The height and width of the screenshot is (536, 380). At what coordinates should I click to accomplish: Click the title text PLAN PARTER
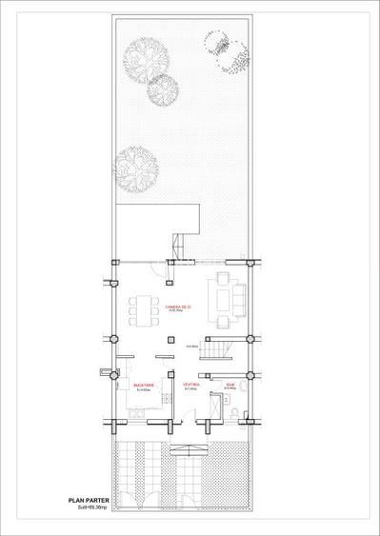[x=89, y=498]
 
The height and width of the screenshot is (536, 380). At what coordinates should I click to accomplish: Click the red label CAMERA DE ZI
[x=179, y=307]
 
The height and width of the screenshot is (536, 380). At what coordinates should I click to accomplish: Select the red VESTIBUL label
[x=190, y=386]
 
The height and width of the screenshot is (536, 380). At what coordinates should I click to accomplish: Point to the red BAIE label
[x=230, y=386]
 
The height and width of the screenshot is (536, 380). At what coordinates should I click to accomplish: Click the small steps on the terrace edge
[x=178, y=245]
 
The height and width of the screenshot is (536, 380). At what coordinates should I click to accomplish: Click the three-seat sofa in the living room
[x=239, y=293]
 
